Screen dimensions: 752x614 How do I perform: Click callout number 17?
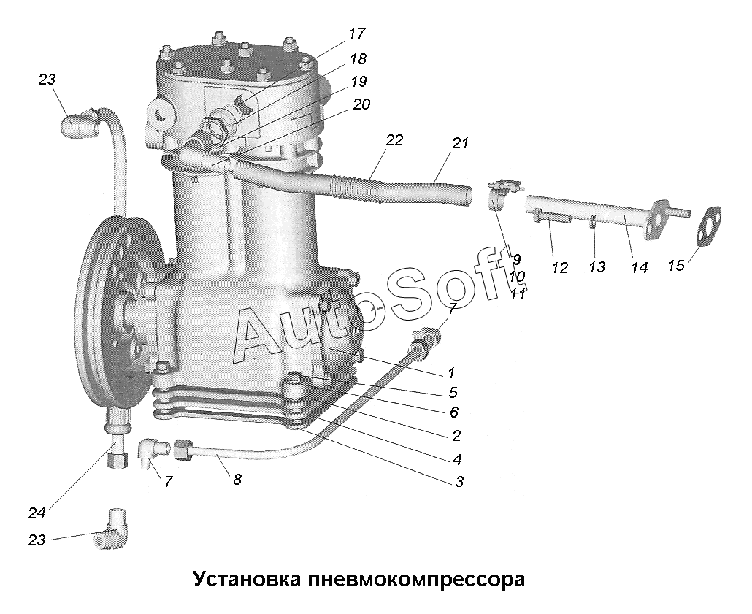[357, 34]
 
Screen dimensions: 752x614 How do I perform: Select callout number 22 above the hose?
[395, 141]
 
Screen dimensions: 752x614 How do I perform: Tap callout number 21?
[459, 143]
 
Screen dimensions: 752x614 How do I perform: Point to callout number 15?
[676, 265]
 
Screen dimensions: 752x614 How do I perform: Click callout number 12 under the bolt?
[559, 268]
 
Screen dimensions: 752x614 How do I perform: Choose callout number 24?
[37, 513]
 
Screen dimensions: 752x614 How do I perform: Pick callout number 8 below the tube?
[237, 479]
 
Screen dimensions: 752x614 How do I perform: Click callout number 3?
[459, 482]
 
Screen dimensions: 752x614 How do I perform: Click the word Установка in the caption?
[247, 580]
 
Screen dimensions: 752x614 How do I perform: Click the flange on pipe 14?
[656, 219]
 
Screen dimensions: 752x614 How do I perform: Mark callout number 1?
[450, 373]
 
